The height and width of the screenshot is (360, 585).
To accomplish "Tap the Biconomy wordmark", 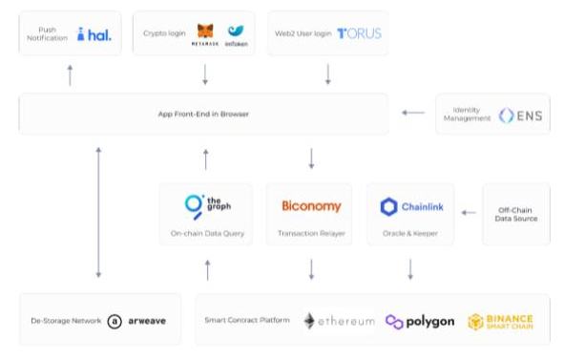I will pos(311,206).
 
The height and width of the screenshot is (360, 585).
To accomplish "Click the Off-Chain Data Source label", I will pos(517,214).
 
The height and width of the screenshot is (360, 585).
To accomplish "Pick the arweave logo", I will pos(137,321).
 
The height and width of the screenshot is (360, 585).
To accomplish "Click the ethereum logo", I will pos(339,321).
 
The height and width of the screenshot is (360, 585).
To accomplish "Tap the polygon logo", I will pos(420,321).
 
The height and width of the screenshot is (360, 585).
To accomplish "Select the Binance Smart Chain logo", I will pos(500,321).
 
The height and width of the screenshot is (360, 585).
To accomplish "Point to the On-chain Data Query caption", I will pos(204,233).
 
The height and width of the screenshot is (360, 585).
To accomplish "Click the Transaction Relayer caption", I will pos(310,233).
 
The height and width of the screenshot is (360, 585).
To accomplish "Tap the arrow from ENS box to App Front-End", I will pos(412,114).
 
